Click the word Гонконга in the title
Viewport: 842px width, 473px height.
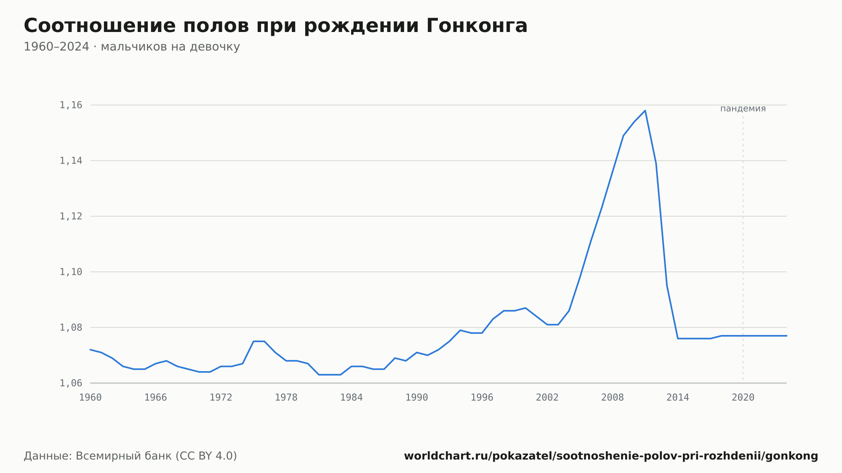(x=477, y=26)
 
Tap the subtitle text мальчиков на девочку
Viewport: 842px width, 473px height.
(x=171, y=47)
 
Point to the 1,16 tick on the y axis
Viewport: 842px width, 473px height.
(x=71, y=105)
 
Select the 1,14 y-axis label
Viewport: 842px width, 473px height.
(x=71, y=161)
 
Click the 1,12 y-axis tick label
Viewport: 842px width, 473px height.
(x=71, y=216)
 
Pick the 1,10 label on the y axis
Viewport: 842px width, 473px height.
(x=71, y=272)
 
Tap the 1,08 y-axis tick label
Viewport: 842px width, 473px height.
(x=71, y=327)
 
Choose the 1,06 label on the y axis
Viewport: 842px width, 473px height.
(x=71, y=383)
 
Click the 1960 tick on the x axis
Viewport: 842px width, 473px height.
(x=91, y=398)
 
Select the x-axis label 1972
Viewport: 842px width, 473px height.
(x=221, y=398)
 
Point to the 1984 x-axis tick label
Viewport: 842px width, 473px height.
(x=352, y=398)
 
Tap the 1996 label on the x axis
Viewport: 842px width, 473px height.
(x=482, y=398)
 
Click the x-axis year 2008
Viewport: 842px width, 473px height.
(x=613, y=398)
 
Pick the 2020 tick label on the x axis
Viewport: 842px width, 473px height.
(x=743, y=398)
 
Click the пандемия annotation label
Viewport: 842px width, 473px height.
(x=743, y=109)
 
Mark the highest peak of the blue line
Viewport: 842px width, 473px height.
(x=645, y=111)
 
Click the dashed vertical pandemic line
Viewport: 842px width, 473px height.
(x=743, y=248)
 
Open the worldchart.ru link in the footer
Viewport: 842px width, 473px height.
(x=611, y=456)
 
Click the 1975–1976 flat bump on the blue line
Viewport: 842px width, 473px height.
(x=259, y=341)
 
